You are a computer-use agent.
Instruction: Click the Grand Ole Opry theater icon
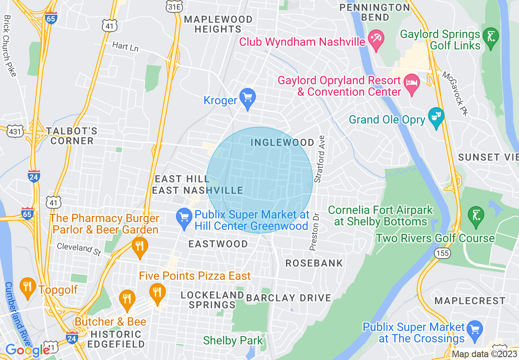pyautogui.click(x=436, y=117)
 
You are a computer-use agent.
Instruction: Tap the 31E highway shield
pyautogui.click(x=171, y=6)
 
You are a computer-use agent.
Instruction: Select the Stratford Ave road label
pyautogui.click(x=320, y=159)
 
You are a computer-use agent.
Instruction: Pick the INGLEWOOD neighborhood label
pyautogui.click(x=282, y=142)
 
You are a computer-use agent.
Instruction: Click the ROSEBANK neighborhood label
pyautogui.click(x=314, y=263)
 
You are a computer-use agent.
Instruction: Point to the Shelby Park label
pyautogui.click(x=233, y=340)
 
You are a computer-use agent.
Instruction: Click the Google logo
pyautogui.click(x=27, y=350)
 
